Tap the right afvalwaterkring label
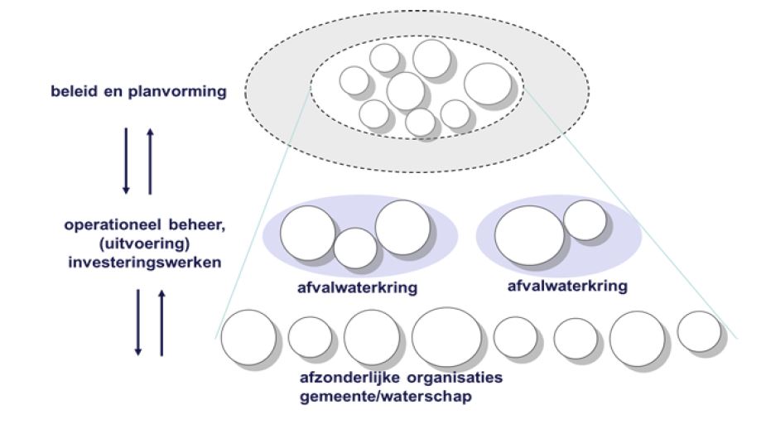[x=566, y=284]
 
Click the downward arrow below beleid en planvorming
[x=126, y=161]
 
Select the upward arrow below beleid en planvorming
[x=149, y=161]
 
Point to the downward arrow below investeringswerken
[x=139, y=322]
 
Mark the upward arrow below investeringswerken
[x=161, y=322]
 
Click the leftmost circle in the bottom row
[x=248, y=339]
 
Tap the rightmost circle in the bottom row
[x=699, y=331]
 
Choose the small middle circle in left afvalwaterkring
[x=355, y=248]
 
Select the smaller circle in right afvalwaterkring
[x=585, y=220]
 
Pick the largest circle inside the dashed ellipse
[x=488, y=85]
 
